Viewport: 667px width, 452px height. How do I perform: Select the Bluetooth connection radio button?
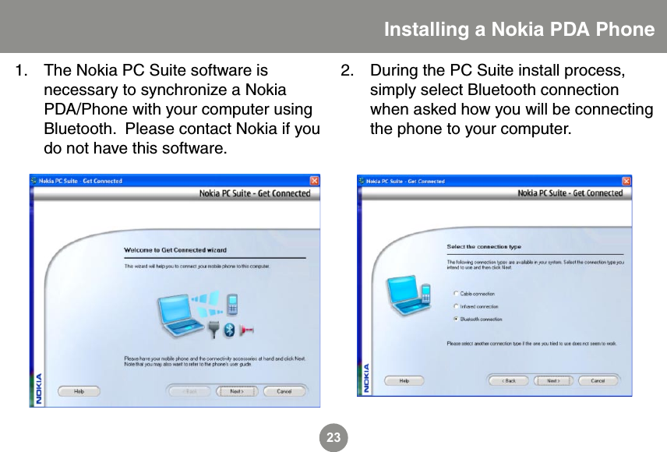455,319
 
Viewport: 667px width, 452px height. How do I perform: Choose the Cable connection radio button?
455,294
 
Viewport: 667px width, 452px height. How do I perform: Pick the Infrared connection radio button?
455,306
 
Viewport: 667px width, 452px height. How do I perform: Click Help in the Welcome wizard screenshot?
79,391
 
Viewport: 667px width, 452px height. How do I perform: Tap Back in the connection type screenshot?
510,381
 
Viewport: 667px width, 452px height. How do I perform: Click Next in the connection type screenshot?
552,381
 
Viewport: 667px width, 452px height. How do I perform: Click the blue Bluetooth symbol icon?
229,330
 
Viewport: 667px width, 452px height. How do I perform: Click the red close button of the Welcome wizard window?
314,181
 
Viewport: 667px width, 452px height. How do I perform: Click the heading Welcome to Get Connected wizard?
175,250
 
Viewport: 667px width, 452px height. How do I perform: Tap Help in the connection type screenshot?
404,381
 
